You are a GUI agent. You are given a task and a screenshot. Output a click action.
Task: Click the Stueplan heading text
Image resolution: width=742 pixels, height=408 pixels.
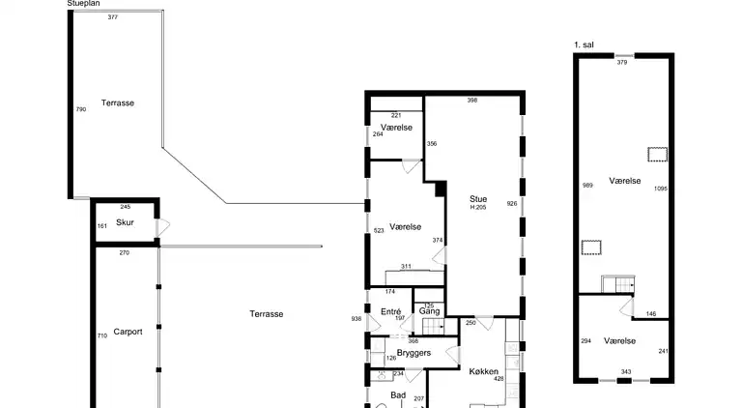pyautogui.click(x=84, y=4)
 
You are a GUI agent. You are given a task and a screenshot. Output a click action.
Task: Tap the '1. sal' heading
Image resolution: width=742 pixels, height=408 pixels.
pyautogui.click(x=583, y=44)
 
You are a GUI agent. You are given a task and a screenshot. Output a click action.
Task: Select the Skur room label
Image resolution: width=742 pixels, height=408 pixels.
pyautogui.click(x=125, y=222)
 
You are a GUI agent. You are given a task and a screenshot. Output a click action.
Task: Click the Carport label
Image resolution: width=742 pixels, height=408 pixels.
pyautogui.click(x=128, y=332)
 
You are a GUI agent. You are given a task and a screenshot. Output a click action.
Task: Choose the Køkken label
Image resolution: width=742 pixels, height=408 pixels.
pyautogui.click(x=483, y=371)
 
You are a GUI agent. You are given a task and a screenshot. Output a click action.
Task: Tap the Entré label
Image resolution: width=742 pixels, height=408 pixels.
pyautogui.click(x=390, y=311)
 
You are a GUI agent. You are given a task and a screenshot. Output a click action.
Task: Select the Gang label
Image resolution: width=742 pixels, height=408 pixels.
pyautogui.click(x=430, y=311)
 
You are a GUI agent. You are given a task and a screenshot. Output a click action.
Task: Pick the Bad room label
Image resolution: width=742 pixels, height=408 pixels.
pyautogui.click(x=397, y=394)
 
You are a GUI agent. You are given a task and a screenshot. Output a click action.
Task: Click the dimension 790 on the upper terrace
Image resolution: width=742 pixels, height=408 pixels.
pyautogui.click(x=81, y=110)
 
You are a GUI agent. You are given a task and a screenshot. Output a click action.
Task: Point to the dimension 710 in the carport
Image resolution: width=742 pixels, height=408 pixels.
pyautogui.click(x=101, y=335)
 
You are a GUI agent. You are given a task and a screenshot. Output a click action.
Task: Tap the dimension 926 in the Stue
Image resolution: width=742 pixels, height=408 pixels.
pyautogui.click(x=512, y=204)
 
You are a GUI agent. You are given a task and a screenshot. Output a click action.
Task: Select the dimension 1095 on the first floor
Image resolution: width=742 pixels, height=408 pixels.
pyautogui.click(x=660, y=189)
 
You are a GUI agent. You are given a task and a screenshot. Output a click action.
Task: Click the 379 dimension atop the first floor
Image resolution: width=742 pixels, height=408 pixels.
pyautogui.click(x=622, y=63)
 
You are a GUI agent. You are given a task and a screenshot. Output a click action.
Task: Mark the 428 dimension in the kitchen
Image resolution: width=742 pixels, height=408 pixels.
pyautogui.click(x=499, y=379)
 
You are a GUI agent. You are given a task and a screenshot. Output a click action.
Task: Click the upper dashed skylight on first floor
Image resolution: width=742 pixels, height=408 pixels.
pyautogui.click(x=658, y=153)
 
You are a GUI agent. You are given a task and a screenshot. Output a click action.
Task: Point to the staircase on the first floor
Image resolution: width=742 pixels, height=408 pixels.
pyautogui.click(x=616, y=284)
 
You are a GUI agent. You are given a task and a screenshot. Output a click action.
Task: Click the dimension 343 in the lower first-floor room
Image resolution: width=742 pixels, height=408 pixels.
pyautogui.click(x=625, y=372)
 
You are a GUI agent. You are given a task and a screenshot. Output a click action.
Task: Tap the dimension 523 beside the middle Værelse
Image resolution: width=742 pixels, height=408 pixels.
pyautogui.click(x=379, y=231)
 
